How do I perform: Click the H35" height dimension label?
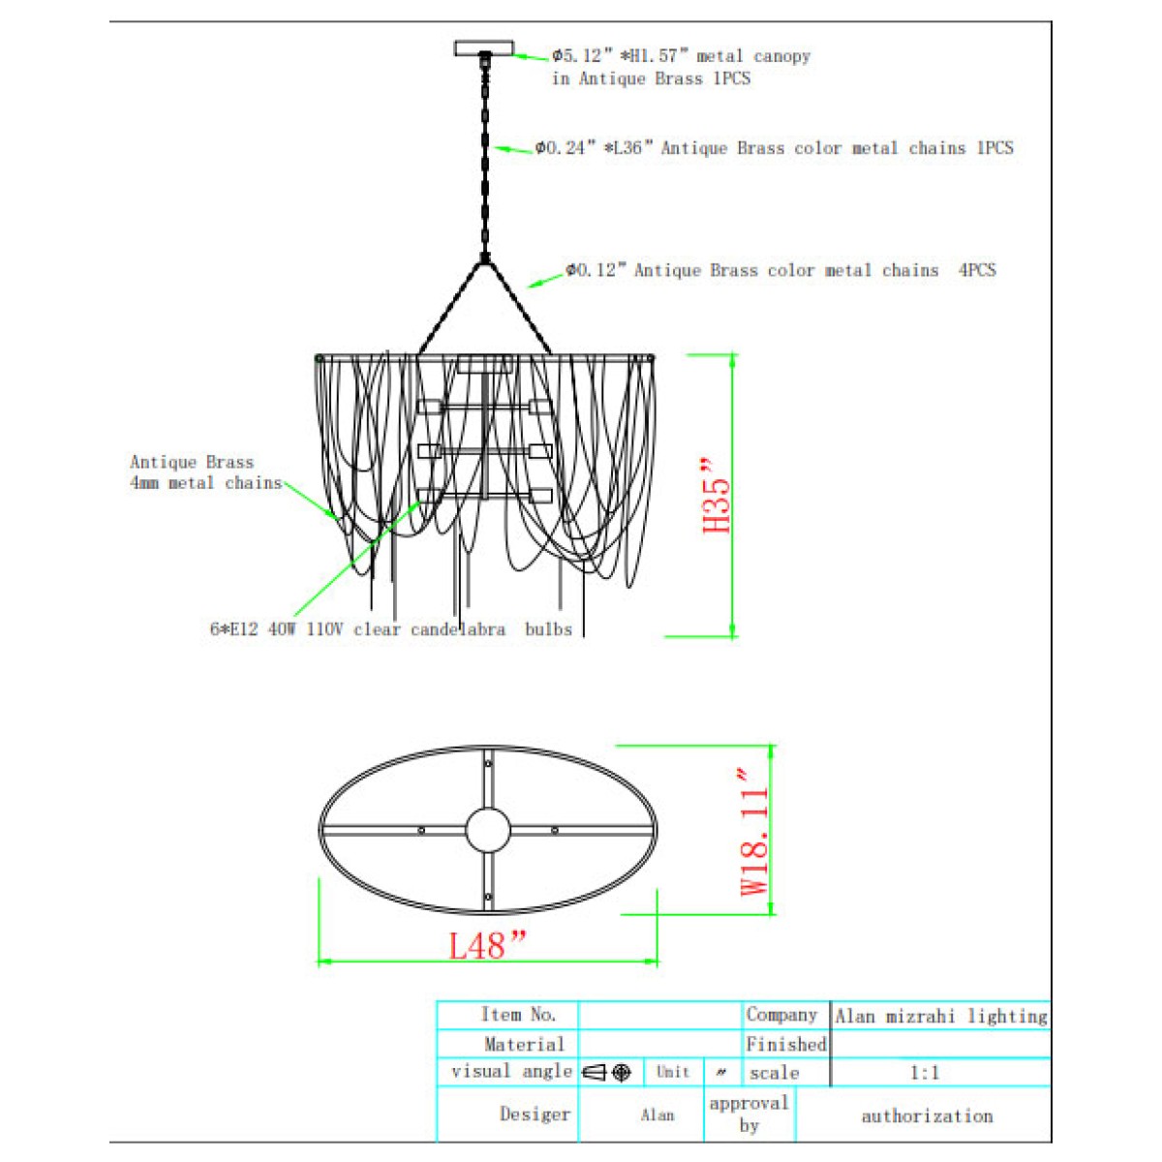717,495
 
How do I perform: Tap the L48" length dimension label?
487,945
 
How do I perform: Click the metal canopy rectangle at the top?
483,47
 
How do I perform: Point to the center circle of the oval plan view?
488,830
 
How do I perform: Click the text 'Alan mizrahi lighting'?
940,1016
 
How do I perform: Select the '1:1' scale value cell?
925,1073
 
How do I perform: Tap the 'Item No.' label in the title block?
518,1014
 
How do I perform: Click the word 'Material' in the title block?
524,1044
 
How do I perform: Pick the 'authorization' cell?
927,1116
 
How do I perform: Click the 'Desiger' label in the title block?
535,1115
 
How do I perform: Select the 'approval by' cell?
749,1114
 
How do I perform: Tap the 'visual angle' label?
511,1072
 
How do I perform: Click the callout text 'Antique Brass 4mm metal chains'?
206,473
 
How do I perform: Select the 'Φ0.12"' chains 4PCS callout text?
780,270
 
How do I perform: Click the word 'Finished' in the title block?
785,1044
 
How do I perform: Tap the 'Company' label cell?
781,1015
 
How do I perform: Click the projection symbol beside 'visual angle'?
606,1073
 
